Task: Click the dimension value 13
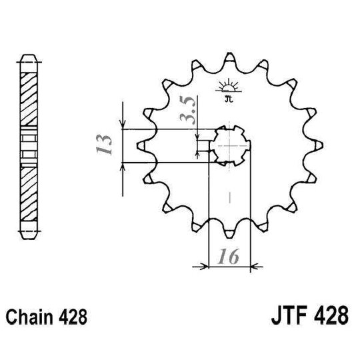click(103, 144)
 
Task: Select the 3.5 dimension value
click(189, 110)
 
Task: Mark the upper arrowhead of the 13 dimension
click(123, 123)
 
